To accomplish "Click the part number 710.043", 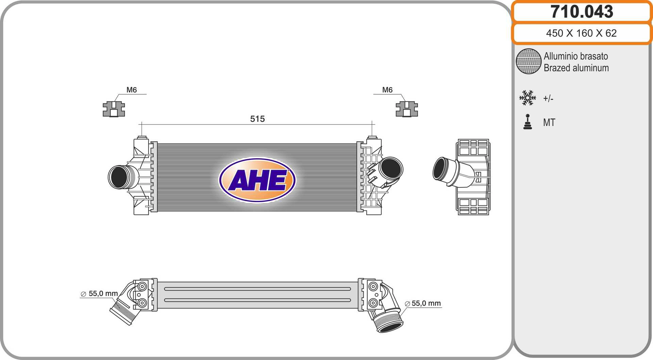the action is (582, 12).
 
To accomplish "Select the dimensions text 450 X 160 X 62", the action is (581, 33).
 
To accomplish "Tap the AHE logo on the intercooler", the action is (257, 180).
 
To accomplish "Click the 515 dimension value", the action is (257, 119).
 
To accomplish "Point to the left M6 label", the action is (132, 90).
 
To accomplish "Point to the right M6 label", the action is (387, 90).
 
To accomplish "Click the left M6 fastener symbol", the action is (114, 109).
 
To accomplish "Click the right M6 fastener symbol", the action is (407, 109).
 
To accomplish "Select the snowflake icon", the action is (528, 98).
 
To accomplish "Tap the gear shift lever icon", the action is (528, 122).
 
